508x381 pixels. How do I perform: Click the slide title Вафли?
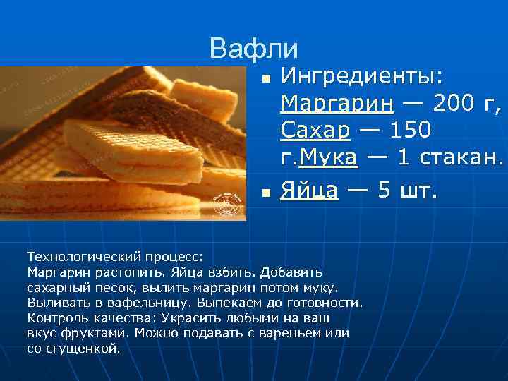[254, 48]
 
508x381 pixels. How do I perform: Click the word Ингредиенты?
[361, 75]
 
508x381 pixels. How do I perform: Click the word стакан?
[462, 158]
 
